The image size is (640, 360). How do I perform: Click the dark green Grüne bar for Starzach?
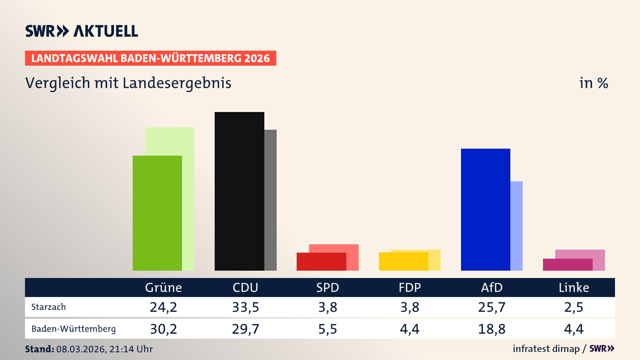pos(157,213)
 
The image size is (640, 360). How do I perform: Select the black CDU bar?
pos(239,192)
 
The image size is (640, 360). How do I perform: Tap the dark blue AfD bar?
pos(485,210)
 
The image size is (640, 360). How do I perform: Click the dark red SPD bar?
pos(321,262)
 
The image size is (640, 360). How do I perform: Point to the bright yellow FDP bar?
pos(403,262)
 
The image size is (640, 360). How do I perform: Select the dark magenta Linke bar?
pos(567,265)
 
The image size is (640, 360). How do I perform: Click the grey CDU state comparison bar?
pos(270,200)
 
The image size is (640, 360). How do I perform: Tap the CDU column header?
pos(245,288)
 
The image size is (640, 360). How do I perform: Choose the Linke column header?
pos(574,288)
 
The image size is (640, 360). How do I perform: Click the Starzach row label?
pos(49,307)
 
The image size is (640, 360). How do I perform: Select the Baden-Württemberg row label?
pos(74,329)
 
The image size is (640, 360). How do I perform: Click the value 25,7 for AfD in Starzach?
pos(492,307)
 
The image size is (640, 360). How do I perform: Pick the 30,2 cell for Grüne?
pos(163,329)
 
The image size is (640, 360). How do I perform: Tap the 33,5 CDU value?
pos(245,307)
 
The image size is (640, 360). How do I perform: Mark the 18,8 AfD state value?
pos(492,329)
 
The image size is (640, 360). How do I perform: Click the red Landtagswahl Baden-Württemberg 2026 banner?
pos(150,58)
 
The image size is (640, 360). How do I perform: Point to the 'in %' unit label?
pos(593,83)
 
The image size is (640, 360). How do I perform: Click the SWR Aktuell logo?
pos(82,31)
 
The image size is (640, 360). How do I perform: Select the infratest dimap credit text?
pos(546,349)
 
